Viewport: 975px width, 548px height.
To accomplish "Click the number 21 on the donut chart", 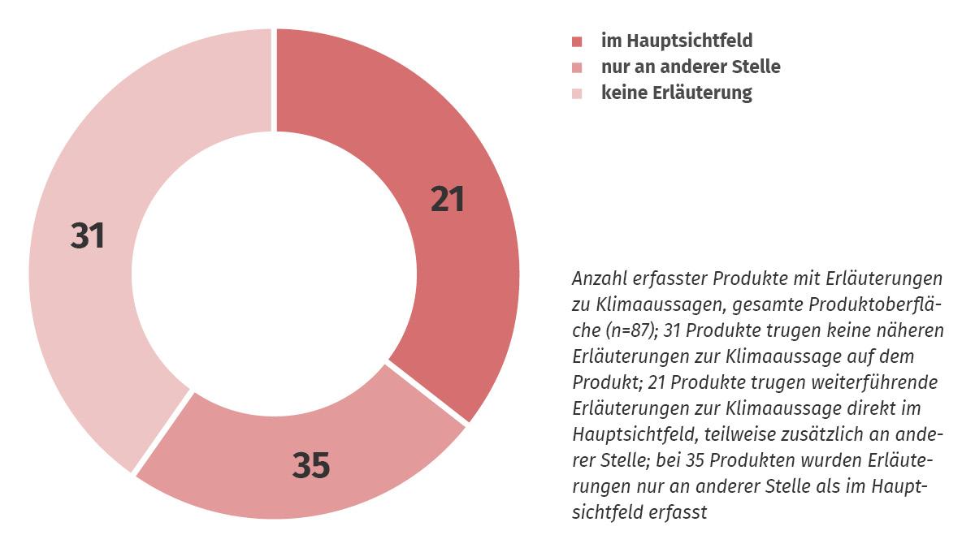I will (x=448, y=199).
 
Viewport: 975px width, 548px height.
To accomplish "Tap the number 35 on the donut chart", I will (x=311, y=466).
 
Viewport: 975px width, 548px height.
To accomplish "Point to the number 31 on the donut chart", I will (x=88, y=236).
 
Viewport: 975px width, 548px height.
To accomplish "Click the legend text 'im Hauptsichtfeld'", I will (x=677, y=40).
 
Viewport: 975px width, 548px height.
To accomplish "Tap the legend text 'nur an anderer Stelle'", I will (x=691, y=67).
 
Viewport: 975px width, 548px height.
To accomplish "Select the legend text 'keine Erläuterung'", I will (x=677, y=93).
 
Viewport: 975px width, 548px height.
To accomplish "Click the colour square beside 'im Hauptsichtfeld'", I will (x=577, y=41).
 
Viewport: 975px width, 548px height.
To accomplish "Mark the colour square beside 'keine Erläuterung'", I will (x=577, y=93).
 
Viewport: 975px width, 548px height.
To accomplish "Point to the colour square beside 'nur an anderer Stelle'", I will (x=577, y=67).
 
